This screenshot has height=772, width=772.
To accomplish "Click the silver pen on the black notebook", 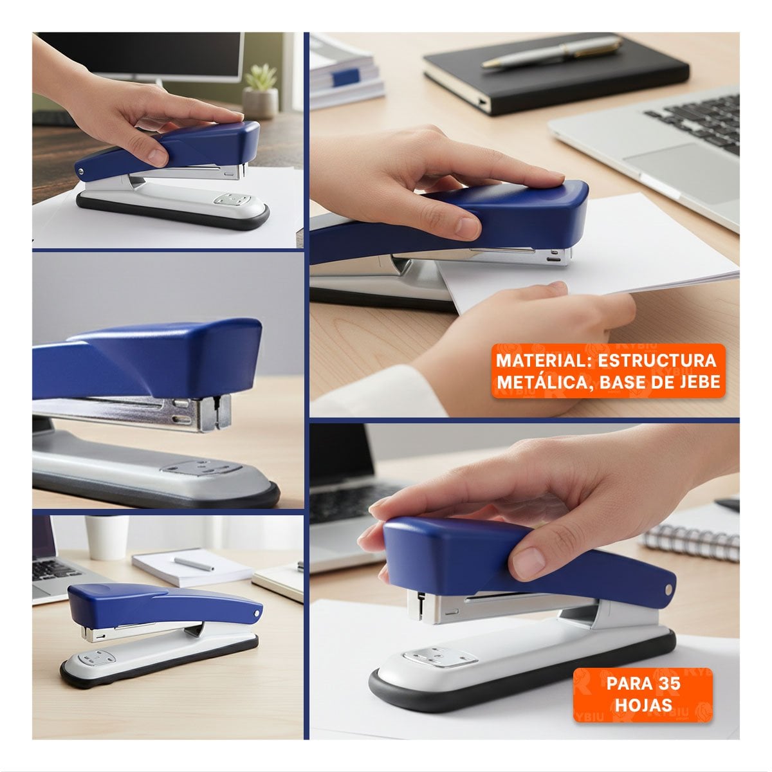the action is [552, 52].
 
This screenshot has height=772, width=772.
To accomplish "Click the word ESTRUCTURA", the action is [657, 360].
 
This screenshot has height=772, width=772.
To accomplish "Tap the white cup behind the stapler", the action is [107, 537].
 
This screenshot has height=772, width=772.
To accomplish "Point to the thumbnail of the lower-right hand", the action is [529, 563].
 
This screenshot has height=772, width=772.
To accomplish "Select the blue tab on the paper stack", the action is [345, 77].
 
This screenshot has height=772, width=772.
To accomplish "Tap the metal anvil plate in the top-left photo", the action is [232, 199].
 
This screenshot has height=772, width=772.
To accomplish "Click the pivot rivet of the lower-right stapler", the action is [668, 589].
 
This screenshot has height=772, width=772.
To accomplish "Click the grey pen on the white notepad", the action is [194, 564].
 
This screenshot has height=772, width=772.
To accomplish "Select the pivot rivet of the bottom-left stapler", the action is [257, 613].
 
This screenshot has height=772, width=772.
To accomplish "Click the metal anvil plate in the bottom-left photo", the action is [96, 658].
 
